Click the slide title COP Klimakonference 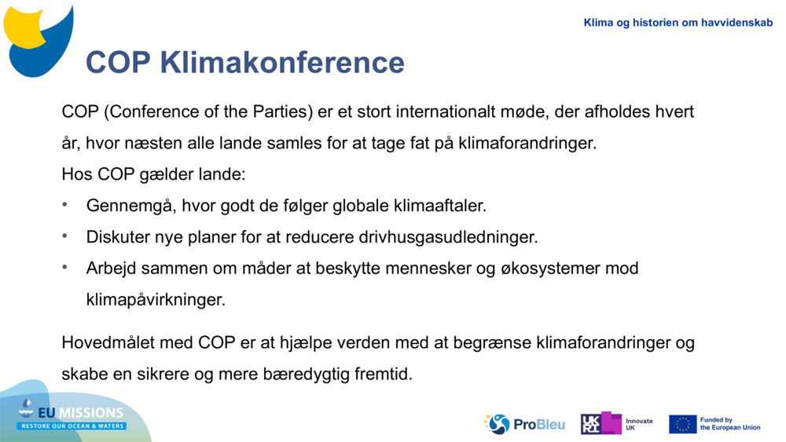point(244,62)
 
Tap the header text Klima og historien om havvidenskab point(678,23)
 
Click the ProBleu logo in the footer point(524,424)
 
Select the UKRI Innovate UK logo point(616,424)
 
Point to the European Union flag point(682,424)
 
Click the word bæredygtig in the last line point(285,374)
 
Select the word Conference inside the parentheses point(148,111)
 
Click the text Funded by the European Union point(729,424)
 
